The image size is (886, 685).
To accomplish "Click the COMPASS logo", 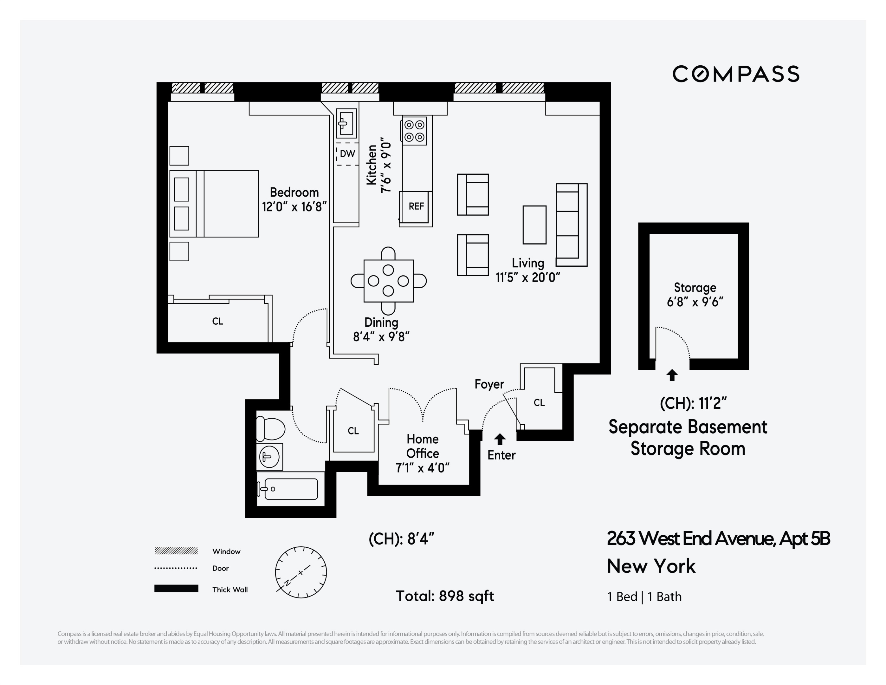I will pyautogui.click(x=735, y=74).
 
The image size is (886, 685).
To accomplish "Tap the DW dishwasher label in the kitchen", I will pyautogui.click(x=347, y=154).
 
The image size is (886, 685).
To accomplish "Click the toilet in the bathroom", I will pyautogui.click(x=271, y=429).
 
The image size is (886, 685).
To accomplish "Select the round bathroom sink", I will pyautogui.click(x=269, y=457).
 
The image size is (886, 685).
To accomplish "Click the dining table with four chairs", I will pyautogui.click(x=388, y=281).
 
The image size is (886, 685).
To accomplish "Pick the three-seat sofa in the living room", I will pyautogui.click(x=571, y=225).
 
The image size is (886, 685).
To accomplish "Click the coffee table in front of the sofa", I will pyautogui.click(x=534, y=225).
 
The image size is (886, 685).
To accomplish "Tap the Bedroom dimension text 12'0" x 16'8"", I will pyautogui.click(x=294, y=207).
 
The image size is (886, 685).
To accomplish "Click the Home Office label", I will pyautogui.click(x=422, y=446).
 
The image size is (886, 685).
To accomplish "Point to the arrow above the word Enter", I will pyautogui.click(x=500, y=439).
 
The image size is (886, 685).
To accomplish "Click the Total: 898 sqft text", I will pyautogui.click(x=445, y=596).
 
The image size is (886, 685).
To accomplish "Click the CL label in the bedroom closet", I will pyautogui.click(x=217, y=321).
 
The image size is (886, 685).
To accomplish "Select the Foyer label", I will pyautogui.click(x=489, y=384).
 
